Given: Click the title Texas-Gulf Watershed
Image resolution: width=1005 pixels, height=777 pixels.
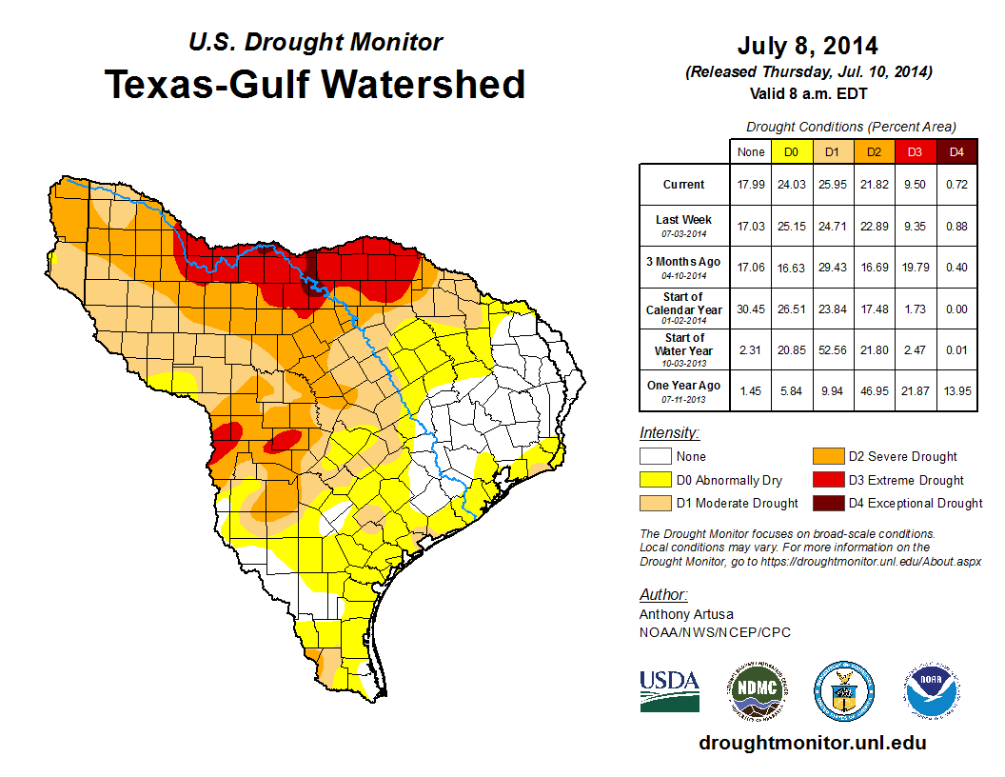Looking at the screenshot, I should pyautogui.click(x=314, y=85).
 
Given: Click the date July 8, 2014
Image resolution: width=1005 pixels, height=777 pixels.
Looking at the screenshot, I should pyautogui.click(x=807, y=46).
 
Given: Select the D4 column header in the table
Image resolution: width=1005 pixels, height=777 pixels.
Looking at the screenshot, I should pyautogui.click(x=956, y=151).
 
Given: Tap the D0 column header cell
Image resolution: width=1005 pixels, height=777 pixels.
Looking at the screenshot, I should pyautogui.click(x=791, y=151).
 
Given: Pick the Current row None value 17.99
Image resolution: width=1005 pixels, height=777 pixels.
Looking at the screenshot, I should pyautogui.click(x=750, y=185).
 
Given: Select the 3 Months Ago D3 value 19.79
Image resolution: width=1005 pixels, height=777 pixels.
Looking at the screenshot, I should pyautogui.click(x=915, y=268).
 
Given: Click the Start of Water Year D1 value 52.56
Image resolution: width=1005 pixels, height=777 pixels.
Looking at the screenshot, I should pyautogui.click(x=832, y=351).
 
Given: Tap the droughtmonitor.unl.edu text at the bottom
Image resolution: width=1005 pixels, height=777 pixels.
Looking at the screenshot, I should pyautogui.click(x=812, y=743).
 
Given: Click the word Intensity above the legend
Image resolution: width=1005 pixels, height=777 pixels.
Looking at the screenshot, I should pyautogui.click(x=669, y=433).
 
